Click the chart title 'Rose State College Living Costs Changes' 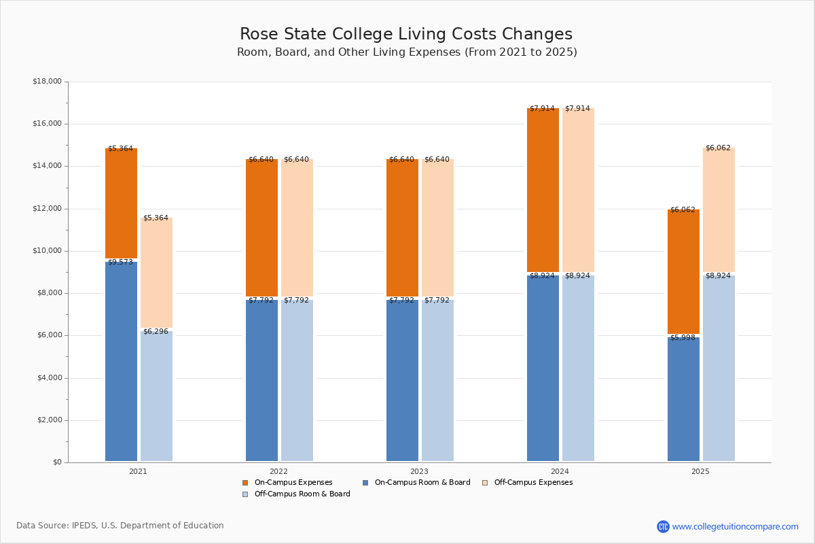tap(406, 35)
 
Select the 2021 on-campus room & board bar tap(121, 360)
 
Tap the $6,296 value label tap(156, 331)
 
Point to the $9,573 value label tap(120, 262)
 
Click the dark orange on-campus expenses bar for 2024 tap(543, 190)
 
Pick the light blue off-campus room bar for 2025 tap(719, 367)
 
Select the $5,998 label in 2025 tap(683, 337)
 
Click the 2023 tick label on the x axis tap(419, 471)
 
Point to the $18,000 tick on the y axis tap(47, 82)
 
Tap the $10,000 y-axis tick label tap(47, 251)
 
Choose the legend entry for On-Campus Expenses tap(293, 483)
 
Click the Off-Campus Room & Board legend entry tap(302, 494)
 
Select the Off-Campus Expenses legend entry tap(532, 483)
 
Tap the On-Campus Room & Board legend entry tap(422, 483)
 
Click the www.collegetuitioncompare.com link tap(735, 526)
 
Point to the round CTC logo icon tap(663, 526)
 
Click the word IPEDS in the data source tap(84, 526)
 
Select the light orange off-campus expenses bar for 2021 tap(156, 272)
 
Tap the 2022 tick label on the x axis tap(278, 471)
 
